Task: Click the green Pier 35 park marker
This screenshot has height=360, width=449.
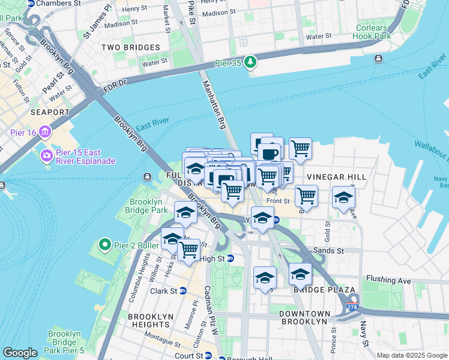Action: click(250, 62)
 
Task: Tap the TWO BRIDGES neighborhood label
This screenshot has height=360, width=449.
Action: click(130, 47)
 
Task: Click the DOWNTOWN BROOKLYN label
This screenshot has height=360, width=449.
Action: click(304, 317)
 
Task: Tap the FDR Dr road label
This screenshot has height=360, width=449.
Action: click(115, 82)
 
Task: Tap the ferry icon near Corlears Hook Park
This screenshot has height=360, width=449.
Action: click(378, 58)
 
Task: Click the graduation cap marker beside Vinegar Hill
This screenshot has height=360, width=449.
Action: click(343, 197)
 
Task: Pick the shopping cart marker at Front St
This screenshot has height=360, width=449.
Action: click(306, 196)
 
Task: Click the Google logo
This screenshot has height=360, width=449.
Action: click(20, 353)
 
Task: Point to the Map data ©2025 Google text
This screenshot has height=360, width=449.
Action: click(411, 355)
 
